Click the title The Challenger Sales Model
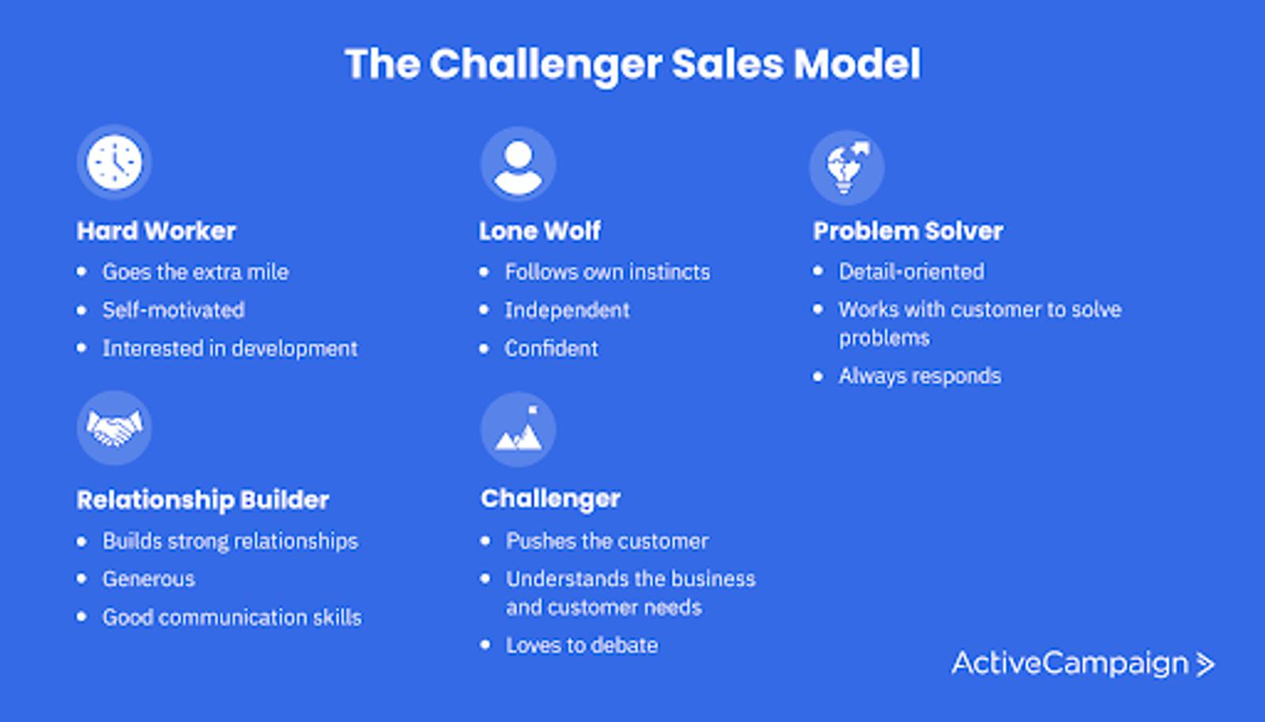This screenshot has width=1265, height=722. coord(632,64)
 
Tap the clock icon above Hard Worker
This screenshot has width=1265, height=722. coord(115,162)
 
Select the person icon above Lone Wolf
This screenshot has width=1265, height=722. coord(518,164)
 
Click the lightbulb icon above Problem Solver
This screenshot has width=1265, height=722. coord(847,167)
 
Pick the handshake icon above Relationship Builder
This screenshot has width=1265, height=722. coord(115,428)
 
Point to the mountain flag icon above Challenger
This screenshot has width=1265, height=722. coord(518,429)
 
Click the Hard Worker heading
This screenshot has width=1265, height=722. coord(157,231)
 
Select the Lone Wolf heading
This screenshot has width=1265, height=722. coord(540,231)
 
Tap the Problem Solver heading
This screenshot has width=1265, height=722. coord(908,231)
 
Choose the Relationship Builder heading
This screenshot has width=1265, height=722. coord(202,500)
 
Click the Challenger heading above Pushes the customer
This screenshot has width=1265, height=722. coord(550,498)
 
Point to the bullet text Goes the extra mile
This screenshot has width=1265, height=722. coord(195,272)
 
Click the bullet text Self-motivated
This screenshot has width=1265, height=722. coord(173,310)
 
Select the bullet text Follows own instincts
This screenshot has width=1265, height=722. coord(607,272)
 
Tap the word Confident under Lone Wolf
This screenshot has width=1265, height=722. coord(551,348)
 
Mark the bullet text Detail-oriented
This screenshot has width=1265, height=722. coord(911,272)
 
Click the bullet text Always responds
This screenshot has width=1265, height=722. coord(919,376)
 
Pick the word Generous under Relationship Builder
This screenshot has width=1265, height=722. coord(149,579)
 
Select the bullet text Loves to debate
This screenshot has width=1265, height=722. coord(581,645)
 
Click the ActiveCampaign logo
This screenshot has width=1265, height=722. coord(1082,663)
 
